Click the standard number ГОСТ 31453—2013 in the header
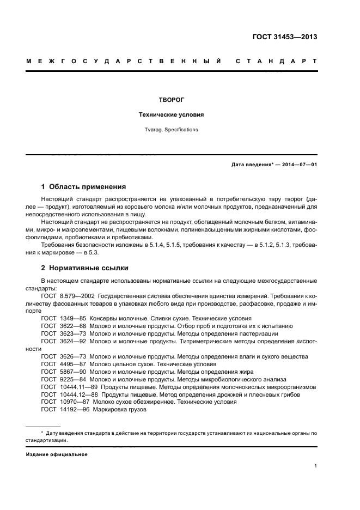tap(285, 38)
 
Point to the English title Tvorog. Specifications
tap(171, 130)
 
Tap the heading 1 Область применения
tap(83, 186)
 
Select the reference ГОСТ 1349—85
tap(63, 318)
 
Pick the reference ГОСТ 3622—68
tap(63, 325)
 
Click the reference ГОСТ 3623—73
tap(63, 333)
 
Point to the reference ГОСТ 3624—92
tap(63, 341)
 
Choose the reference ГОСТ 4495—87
tap(63, 363)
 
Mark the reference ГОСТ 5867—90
tap(63, 371)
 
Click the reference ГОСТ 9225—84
tap(63, 379)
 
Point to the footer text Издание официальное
tap(57, 454)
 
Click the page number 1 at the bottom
tap(316, 466)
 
